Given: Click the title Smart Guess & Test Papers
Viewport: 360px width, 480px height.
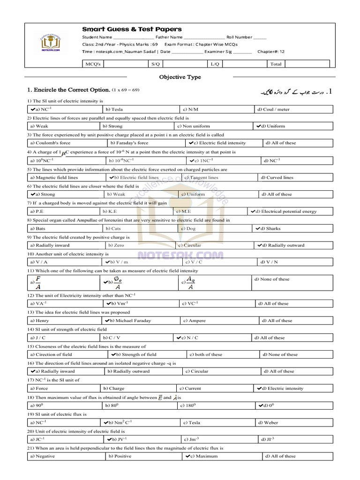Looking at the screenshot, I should [132, 29].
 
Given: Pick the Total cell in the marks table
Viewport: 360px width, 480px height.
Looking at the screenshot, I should [276, 64].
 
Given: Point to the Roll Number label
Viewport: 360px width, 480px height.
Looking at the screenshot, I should [239, 37].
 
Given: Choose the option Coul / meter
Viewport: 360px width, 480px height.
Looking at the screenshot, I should [273, 110].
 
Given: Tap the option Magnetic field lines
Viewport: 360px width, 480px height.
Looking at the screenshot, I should [54, 178].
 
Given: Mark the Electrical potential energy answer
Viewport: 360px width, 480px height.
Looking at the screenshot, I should [286, 211].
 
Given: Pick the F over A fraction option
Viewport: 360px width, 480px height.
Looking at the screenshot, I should [38, 283].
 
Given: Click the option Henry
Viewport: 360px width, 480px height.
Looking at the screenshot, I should [39, 321].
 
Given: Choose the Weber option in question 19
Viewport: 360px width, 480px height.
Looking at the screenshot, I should [271, 422].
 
